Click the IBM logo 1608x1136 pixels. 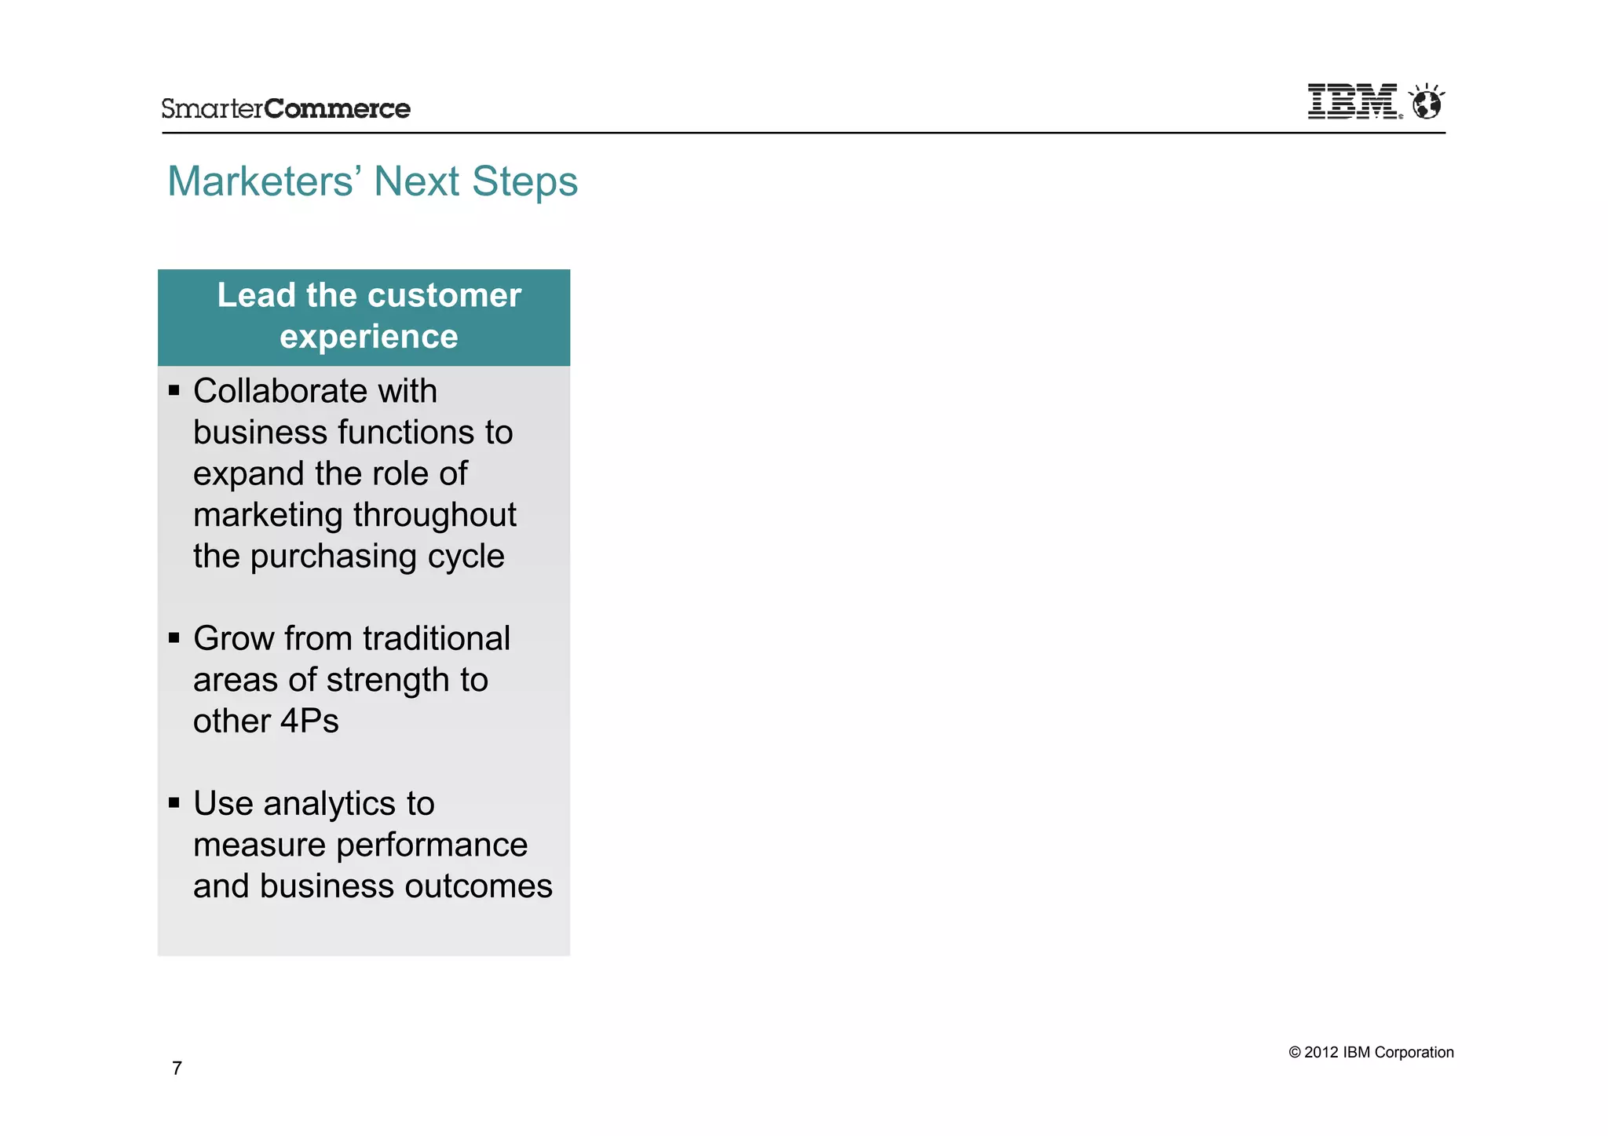tap(1352, 101)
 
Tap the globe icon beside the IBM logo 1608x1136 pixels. tap(1427, 102)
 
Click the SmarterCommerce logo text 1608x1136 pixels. tap(286, 108)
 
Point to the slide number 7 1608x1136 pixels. tap(177, 1068)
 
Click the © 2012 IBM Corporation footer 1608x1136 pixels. tap(1371, 1052)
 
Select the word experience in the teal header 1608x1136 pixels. tap(368, 337)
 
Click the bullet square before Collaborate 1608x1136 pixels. tap(174, 390)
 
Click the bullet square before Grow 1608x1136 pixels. tap(174, 637)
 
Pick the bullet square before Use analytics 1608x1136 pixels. tap(174, 802)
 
